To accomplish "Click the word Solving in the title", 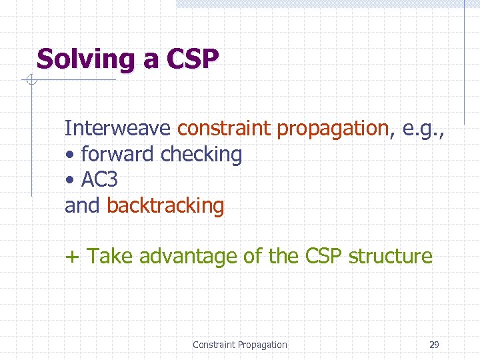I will point(85,60).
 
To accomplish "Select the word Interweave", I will point(119,128).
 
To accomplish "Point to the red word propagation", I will point(332,129).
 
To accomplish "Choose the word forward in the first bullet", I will point(118,154).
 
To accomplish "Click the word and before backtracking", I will point(82,206).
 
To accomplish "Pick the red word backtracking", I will point(165,206).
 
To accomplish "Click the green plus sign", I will point(71,257).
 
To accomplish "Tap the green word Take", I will point(109,257).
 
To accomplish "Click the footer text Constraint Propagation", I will point(239,345).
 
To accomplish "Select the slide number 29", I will point(434,345).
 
